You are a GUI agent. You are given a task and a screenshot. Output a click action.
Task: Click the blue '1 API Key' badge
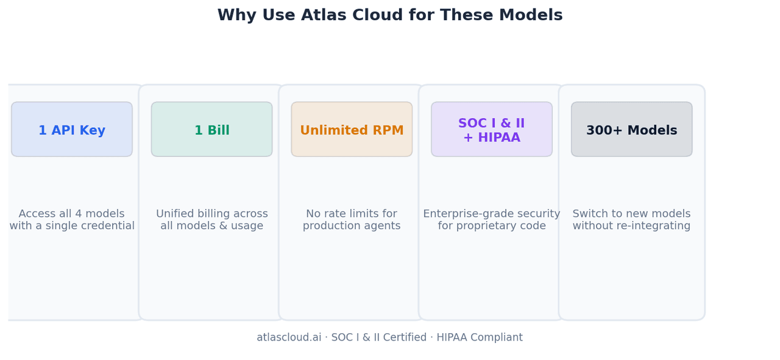[72, 129]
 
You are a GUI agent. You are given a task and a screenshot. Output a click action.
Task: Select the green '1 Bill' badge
[211, 129]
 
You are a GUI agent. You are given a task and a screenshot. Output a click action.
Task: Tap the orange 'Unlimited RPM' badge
[352, 129]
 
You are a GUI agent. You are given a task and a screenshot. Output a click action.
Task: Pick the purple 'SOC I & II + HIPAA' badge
[492, 129]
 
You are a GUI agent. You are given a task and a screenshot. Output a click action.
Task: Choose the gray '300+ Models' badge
[632, 129]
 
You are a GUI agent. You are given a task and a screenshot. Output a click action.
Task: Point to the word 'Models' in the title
[531, 15]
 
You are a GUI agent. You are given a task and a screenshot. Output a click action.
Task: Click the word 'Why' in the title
[237, 16]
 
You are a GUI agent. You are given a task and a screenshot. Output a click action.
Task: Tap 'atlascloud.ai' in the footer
[289, 337]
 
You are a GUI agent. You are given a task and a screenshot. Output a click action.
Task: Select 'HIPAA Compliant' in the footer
[480, 337]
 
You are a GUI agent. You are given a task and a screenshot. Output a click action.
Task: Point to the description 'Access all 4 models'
[71, 213]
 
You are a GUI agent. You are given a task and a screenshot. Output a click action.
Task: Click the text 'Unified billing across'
[211, 213]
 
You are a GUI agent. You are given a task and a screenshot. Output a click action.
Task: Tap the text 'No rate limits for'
[352, 213]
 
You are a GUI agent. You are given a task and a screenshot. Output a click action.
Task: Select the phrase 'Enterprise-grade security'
[491, 214]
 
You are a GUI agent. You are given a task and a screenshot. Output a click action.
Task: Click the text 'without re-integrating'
[631, 225]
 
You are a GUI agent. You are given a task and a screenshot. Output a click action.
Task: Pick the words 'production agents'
[352, 226]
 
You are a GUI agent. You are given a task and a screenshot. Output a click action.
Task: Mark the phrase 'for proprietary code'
[492, 226]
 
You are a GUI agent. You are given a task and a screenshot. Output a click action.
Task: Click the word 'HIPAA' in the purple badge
[499, 138]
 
